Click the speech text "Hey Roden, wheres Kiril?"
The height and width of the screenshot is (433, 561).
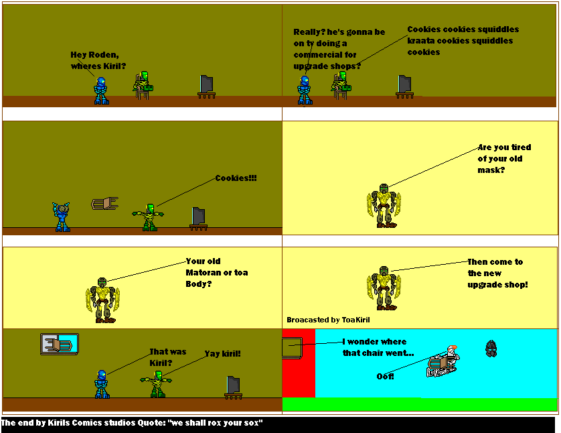98,60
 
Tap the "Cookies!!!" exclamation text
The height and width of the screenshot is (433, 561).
236,178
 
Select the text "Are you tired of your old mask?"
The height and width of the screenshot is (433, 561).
500,159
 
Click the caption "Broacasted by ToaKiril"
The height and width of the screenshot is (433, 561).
328,320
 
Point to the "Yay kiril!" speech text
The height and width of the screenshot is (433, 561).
222,353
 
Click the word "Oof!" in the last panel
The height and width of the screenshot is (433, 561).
385,376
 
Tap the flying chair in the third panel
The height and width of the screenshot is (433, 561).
104,202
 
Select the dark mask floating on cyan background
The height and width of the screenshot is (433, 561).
491,349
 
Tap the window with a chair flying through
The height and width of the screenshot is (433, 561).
59,344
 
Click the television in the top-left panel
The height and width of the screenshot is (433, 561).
207,86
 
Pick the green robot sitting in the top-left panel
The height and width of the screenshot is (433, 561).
143,84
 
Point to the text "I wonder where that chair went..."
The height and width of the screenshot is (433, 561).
378,347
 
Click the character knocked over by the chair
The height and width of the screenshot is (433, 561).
443,363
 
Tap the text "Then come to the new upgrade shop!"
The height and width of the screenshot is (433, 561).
497,273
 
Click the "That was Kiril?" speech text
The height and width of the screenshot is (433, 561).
167,357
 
